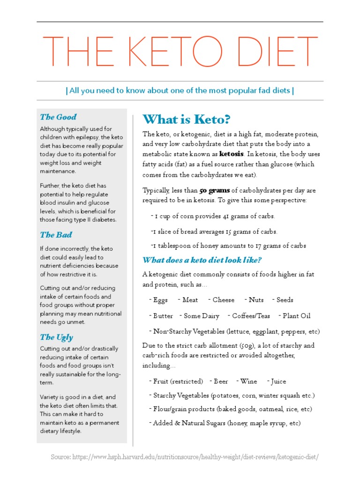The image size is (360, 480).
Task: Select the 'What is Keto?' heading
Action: [x=187, y=119]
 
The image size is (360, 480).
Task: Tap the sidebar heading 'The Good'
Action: [x=58, y=117]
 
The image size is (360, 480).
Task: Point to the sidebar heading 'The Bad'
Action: [x=56, y=235]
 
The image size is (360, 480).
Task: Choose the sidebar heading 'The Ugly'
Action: [x=56, y=337]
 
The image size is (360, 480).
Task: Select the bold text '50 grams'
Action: [x=214, y=190]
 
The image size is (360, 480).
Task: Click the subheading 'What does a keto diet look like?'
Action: [x=202, y=260]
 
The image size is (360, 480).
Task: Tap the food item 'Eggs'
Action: [x=160, y=300]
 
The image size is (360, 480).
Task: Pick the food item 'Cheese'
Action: [x=223, y=300]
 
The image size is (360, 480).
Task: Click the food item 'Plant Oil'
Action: [x=296, y=316]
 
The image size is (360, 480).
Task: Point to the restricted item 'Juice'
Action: [x=277, y=382]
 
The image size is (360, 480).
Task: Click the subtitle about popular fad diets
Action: [x=180, y=90]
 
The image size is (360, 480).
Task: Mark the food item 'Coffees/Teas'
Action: [x=252, y=316]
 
